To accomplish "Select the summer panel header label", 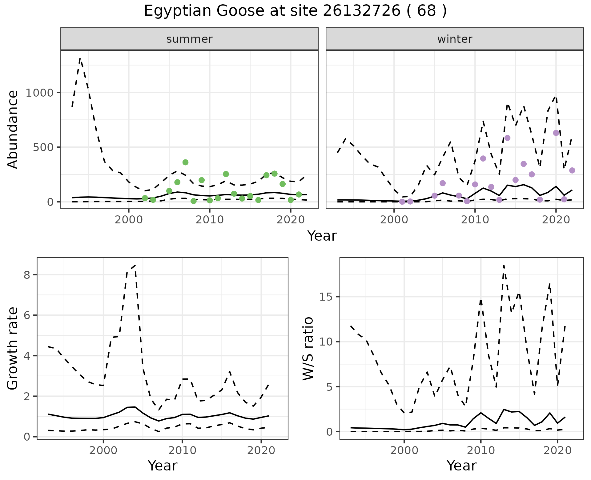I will click(189, 39).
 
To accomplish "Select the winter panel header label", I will click(455, 39).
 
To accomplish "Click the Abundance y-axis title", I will click(13, 129).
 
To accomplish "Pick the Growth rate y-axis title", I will click(13, 348).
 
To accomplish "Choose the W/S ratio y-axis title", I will click(308, 348).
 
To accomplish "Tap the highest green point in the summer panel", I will click(185, 162).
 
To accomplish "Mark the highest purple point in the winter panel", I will click(556, 133).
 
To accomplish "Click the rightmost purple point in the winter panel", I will click(572, 170).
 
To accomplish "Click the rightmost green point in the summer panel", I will click(299, 194).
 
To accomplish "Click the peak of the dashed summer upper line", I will click(80, 58).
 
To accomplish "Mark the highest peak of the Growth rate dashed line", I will click(135, 265).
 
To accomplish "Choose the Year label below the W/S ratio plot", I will click(461, 466).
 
